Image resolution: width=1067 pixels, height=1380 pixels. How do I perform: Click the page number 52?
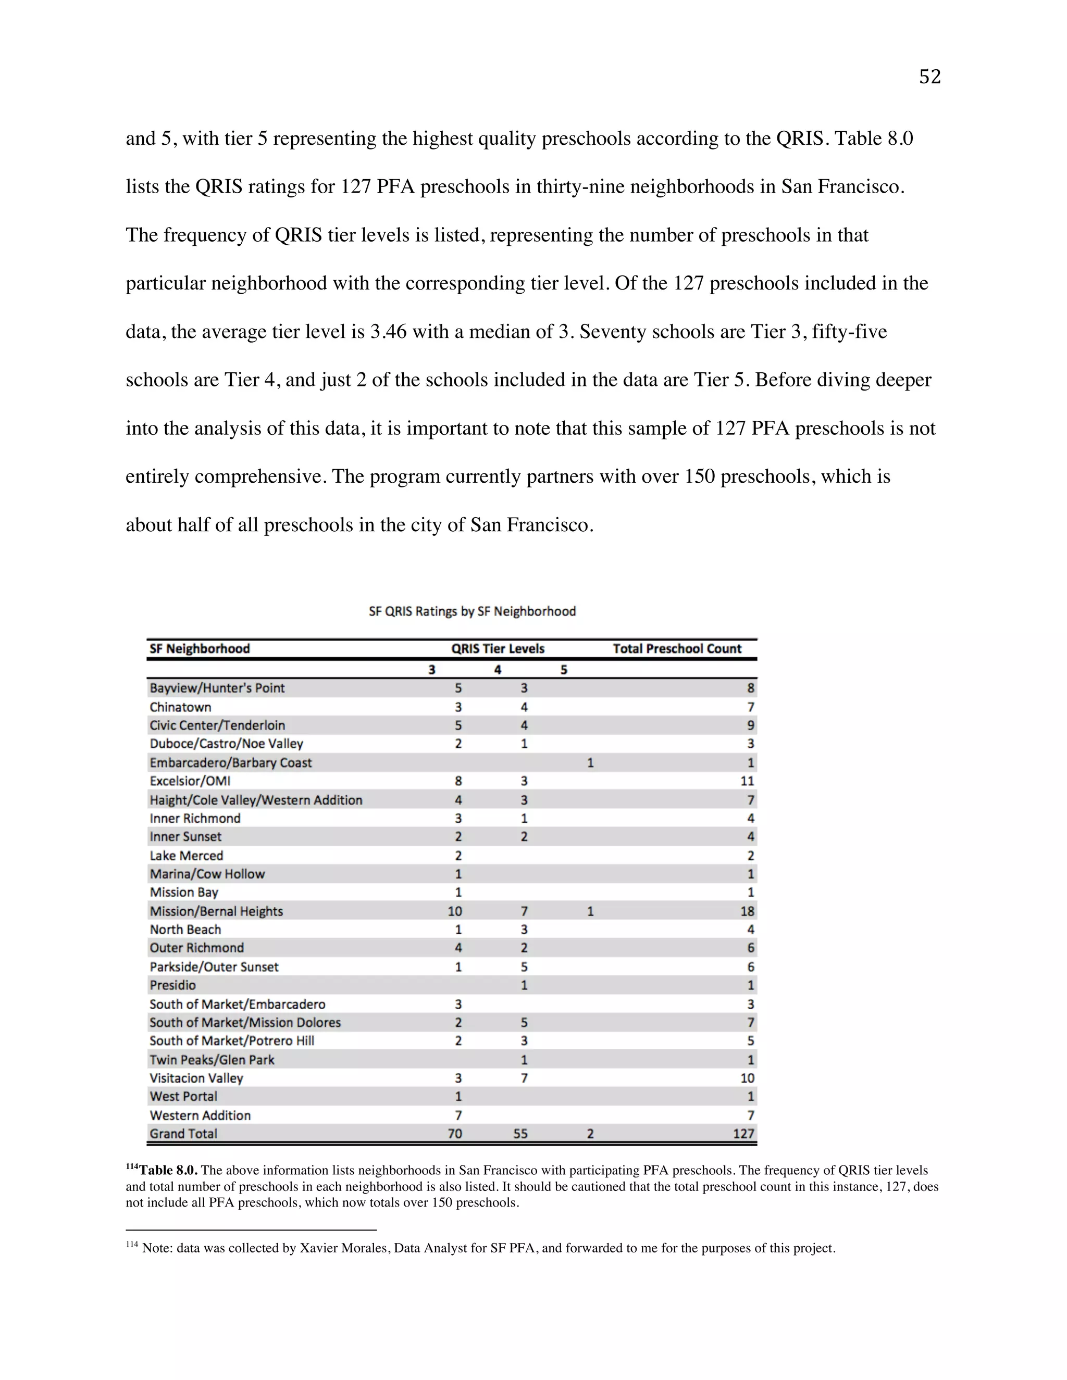coord(929,77)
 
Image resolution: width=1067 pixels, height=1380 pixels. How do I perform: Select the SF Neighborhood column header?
coord(200,648)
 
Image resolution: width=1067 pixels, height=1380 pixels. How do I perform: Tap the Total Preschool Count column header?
coord(677,648)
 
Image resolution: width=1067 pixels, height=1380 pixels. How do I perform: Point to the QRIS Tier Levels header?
coord(498,648)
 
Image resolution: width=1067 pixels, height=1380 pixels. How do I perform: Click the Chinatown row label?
coord(180,707)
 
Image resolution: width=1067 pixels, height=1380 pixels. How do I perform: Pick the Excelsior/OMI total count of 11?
coord(747,781)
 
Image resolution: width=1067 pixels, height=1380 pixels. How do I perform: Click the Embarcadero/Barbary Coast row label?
coord(231,763)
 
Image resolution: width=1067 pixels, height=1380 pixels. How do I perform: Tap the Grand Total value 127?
coord(743,1134)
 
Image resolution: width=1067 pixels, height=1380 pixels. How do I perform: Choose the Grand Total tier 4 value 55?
coord(520,1134)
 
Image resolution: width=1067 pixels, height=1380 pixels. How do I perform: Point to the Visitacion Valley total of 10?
coord(747,1078)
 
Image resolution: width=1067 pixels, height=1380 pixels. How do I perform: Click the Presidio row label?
coord(172,985)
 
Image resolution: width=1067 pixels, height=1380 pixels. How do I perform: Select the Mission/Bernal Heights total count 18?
coord(747,911)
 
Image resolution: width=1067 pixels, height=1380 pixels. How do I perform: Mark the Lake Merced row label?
coord(187,856)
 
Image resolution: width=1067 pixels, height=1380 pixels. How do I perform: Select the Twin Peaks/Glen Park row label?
coord(212,1060)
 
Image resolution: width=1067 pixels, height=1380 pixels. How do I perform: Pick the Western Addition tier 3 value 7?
coord(458,1115)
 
